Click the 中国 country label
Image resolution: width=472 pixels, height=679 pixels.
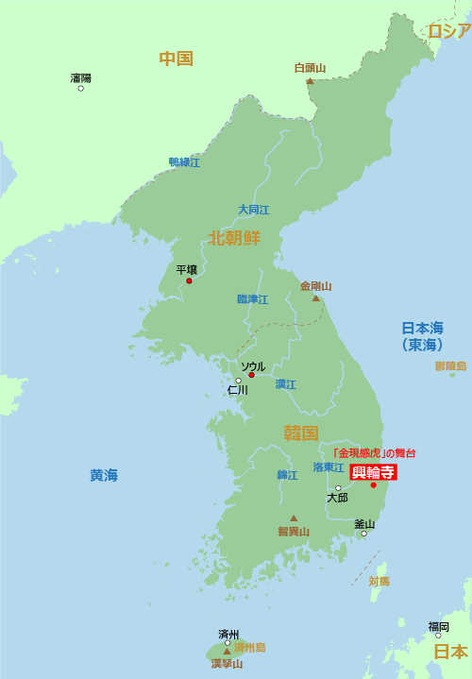tap(176, 59)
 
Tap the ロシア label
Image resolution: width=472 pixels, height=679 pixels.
tap(449, 31)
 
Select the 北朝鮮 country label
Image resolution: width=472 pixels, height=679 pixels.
tap(234, 237)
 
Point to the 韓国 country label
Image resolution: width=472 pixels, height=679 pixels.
tap(300, 433)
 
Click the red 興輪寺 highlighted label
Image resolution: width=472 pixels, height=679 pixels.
tap(373, 472)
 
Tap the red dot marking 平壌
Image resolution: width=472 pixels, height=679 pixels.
tap(189, 280)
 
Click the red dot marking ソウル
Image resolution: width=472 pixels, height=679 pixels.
tap(251, 375)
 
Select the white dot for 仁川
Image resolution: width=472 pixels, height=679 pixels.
tap(238, 381)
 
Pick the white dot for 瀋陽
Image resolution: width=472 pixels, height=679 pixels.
tap(80, 88)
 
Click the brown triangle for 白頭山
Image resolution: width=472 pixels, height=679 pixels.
tap(310, 81)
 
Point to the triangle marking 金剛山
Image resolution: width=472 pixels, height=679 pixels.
tap(316, 298)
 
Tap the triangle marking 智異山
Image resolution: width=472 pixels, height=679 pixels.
tap(294, 518)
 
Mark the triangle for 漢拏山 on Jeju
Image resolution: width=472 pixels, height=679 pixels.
tap(227, 651)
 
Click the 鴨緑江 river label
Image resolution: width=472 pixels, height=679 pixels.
tap(184, 162)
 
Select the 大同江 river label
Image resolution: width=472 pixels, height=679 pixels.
tap(253, 210)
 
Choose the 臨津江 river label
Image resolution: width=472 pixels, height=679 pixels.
tap(252, 299)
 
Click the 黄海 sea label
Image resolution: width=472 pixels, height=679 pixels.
tap(104, 475)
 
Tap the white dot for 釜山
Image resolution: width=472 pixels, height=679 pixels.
tap(363, 534)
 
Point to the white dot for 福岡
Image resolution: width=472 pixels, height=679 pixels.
tap(438, 636)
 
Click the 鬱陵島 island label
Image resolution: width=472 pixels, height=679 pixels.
tap(450, 365)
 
